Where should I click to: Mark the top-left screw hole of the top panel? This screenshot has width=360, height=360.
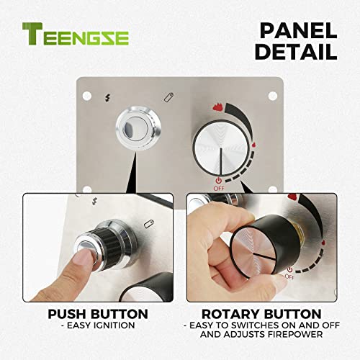pos(87,94)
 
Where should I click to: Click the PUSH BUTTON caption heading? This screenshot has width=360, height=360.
pos(97,314)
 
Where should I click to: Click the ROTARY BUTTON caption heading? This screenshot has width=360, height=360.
pos(261,314)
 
